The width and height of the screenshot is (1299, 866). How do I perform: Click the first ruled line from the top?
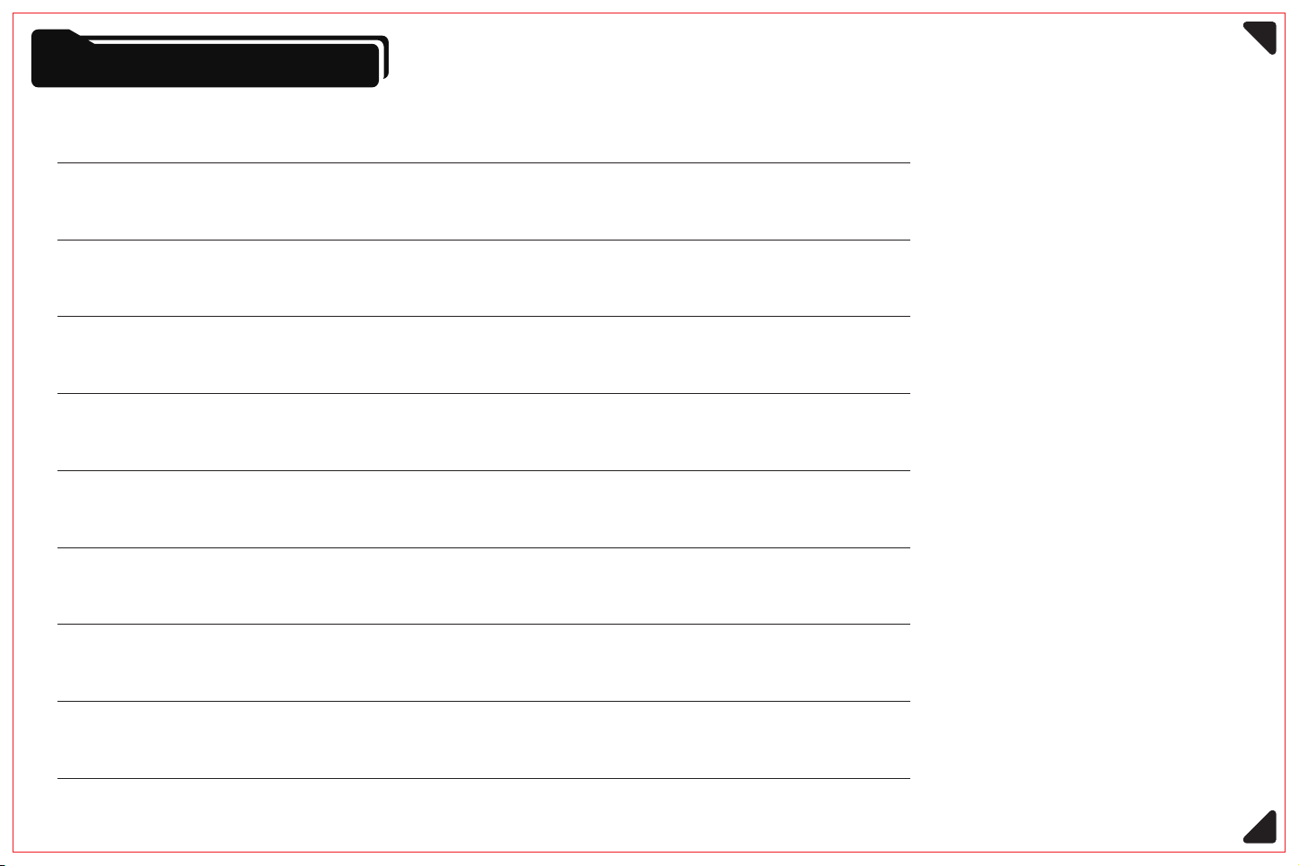coord(484,163)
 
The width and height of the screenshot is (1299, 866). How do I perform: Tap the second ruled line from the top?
coord(484,240)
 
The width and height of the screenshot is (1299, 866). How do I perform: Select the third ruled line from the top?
coord(484,317)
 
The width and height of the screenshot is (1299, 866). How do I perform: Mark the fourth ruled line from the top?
coord(484,394)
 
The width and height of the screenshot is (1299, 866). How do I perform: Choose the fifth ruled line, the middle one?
coord(484,470)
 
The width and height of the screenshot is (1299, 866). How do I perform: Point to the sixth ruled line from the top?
coord(484,547)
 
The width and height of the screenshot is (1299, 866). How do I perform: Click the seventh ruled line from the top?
coord(484,625)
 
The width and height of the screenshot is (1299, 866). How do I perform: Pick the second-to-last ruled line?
coord(484,701)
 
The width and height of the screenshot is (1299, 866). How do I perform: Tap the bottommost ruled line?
coord(484,778)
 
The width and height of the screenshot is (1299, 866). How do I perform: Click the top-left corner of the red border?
coord(13,13)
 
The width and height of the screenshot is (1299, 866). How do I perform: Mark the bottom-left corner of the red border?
coord(13,852)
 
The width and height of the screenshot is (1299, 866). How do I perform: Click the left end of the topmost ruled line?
coord(59,163)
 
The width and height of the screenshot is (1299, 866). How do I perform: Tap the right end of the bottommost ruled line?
coord(908,778)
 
